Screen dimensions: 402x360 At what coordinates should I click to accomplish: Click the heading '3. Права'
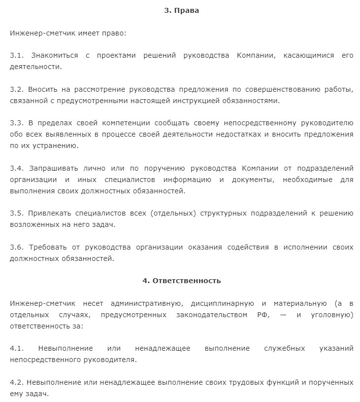coord(181,10)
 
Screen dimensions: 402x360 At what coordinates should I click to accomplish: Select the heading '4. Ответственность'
coord(181,281)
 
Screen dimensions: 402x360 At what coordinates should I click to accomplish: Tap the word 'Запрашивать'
coord(53,168)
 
